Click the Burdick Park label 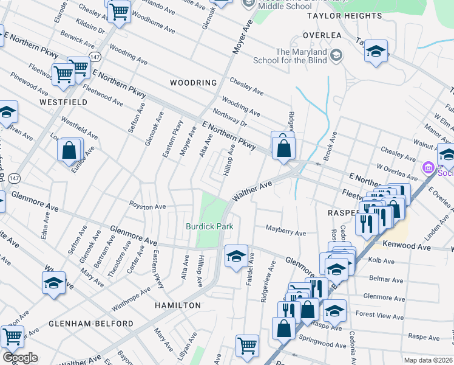209,226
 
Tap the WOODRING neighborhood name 193,83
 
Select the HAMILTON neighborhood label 177,305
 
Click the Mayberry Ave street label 286,232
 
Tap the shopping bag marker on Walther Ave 283,148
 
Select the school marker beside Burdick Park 236,256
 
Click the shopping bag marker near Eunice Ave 70,150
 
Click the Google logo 20,357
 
